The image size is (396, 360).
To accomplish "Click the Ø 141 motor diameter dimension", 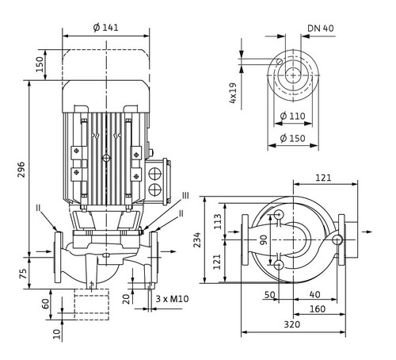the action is point(105,28).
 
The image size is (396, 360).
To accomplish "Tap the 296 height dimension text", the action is point(21,170).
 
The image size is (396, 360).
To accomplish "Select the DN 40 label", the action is point(321,28).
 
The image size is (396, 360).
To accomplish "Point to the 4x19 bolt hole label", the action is point(233,93).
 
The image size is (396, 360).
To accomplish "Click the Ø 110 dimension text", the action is point(292,116).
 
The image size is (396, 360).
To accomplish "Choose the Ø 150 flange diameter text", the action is point(292,138).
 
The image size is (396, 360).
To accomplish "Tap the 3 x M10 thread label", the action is point(172,299).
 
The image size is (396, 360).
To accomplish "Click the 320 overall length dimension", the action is point(292,324).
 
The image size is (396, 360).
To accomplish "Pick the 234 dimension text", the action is point(197,240).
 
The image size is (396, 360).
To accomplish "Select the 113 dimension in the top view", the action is point(218,221).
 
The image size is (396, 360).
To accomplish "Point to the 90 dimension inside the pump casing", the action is point(264,239).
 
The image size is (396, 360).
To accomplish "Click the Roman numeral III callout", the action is point(185,196).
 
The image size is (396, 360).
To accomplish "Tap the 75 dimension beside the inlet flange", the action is point(24,274).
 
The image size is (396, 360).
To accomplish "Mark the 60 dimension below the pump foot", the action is point(45,304).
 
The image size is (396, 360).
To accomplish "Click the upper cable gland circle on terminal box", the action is point(154,174).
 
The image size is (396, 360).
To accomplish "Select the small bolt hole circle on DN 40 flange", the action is point(279,62).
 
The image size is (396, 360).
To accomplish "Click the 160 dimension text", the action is point(317,309).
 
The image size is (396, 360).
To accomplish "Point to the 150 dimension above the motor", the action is point(40,64).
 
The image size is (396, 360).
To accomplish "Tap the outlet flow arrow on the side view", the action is point(169,251).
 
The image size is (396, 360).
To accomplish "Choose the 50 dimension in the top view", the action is point(269,295).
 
